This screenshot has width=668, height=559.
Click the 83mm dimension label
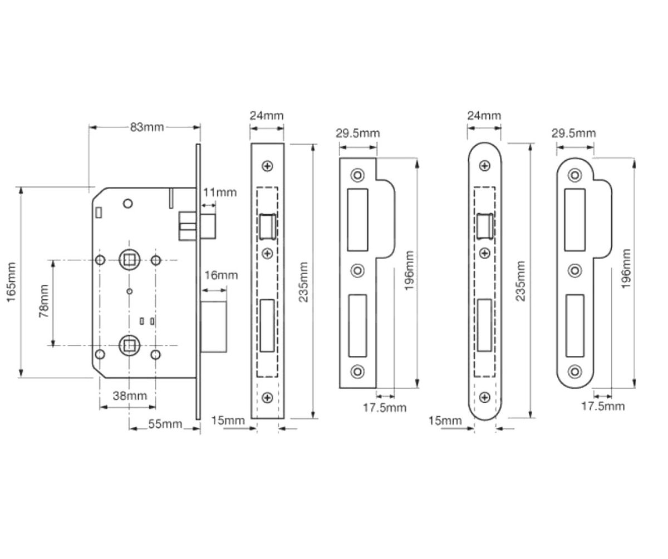[147, 127]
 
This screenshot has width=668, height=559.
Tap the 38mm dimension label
[130, 395]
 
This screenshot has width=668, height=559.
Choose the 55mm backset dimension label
[165, 424]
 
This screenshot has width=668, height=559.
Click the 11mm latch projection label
[219, 192]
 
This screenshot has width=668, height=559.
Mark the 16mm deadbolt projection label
[220, 275]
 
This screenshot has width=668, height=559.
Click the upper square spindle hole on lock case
[129, 260]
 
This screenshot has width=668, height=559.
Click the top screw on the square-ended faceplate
[268, 166]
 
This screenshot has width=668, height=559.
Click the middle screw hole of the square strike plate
[357, 271]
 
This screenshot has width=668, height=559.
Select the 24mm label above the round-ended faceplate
[484, 116]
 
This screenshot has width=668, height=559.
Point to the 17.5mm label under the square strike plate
[385, 408]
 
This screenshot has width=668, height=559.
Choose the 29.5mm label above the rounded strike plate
[573, 133]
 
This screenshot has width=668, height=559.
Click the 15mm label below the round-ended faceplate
[445, 421]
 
